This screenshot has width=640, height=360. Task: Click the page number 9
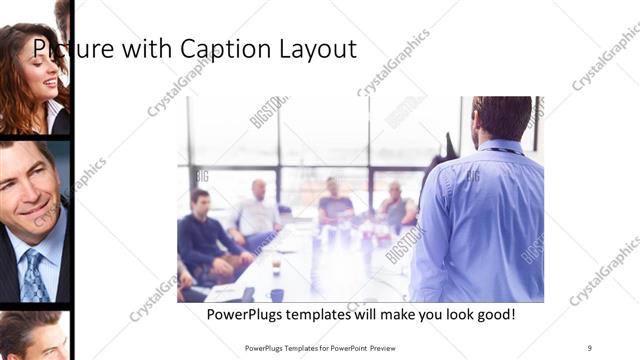(590, 347)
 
